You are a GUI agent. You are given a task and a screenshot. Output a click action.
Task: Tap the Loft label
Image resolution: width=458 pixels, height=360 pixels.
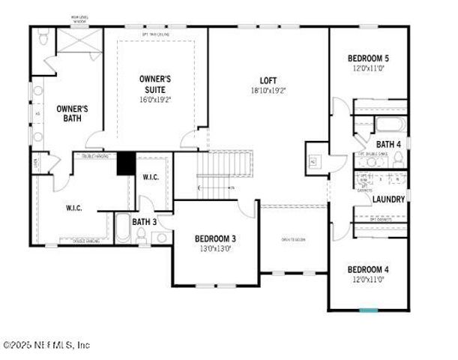point(268,80)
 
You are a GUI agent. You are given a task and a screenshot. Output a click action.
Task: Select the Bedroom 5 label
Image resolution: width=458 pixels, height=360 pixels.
point(368,58)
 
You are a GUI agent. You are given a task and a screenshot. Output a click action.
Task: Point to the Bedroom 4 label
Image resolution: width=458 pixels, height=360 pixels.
point(367,269)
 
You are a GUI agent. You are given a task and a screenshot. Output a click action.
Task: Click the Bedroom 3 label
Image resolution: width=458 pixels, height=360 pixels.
point(215,238)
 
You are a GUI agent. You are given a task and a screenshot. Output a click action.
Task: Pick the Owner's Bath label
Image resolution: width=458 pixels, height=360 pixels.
point(73,113)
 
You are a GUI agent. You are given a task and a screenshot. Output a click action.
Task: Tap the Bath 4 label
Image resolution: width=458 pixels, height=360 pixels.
point(388,144)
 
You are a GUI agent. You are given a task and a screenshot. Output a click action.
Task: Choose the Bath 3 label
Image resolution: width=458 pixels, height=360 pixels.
point(144,221)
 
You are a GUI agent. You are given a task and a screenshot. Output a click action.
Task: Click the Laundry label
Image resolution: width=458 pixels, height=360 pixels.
point(388,199)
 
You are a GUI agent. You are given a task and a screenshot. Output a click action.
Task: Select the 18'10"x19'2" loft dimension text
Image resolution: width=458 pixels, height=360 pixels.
point(268,90)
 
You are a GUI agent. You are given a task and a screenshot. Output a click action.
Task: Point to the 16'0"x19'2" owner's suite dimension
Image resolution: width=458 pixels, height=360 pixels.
point(156,99)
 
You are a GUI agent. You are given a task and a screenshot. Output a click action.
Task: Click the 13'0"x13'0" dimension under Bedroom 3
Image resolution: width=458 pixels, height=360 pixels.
point(215,248)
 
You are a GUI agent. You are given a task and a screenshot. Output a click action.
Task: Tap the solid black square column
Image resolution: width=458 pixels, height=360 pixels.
point(125,163)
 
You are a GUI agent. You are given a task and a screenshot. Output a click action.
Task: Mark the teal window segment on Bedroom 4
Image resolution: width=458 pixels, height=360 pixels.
point(368,309)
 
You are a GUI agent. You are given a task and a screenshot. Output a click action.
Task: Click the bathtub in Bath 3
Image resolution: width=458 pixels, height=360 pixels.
point(123,228)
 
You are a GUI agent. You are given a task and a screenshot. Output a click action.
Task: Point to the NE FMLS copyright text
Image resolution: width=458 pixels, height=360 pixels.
point(46,345)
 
